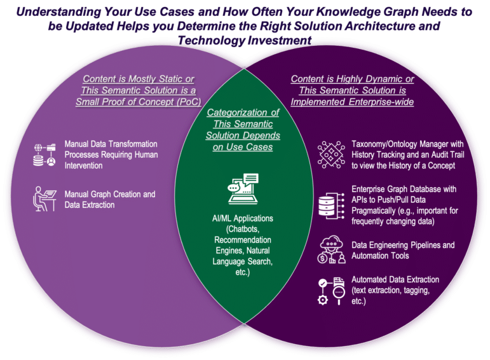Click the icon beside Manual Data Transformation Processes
point(45,154)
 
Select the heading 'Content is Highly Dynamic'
point(353,80)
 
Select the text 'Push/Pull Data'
point(417,198)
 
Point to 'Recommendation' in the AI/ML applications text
point(243,240)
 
